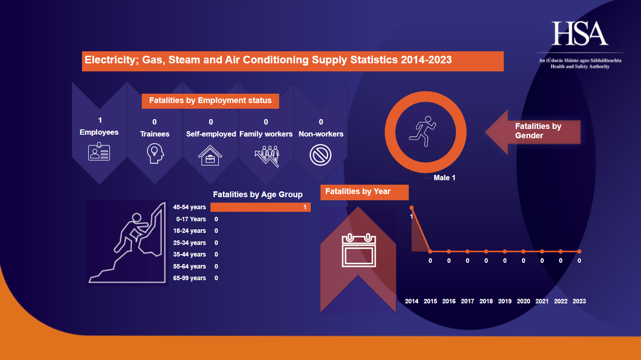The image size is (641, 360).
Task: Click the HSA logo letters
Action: pos(580,33)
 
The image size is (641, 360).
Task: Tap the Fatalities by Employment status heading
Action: pos(210,101)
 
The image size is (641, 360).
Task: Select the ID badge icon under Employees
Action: pos(99,152)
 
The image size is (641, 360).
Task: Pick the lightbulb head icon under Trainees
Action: pos(155,153)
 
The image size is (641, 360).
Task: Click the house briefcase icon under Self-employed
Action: pos(210,155)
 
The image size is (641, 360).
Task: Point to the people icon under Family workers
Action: pos(267,155)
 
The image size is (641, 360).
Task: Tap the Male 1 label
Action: pos(444,178)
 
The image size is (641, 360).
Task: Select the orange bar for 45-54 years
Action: pos(260,207)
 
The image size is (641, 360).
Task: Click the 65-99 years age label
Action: pos(189,278)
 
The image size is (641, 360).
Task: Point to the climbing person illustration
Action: pos(127,243)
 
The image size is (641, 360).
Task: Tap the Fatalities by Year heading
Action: pos(358,192)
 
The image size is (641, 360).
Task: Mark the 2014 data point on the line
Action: pos(412,207)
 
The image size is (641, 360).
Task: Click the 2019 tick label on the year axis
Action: pos(505,301)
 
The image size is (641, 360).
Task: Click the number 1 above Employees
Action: pos(100,120)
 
